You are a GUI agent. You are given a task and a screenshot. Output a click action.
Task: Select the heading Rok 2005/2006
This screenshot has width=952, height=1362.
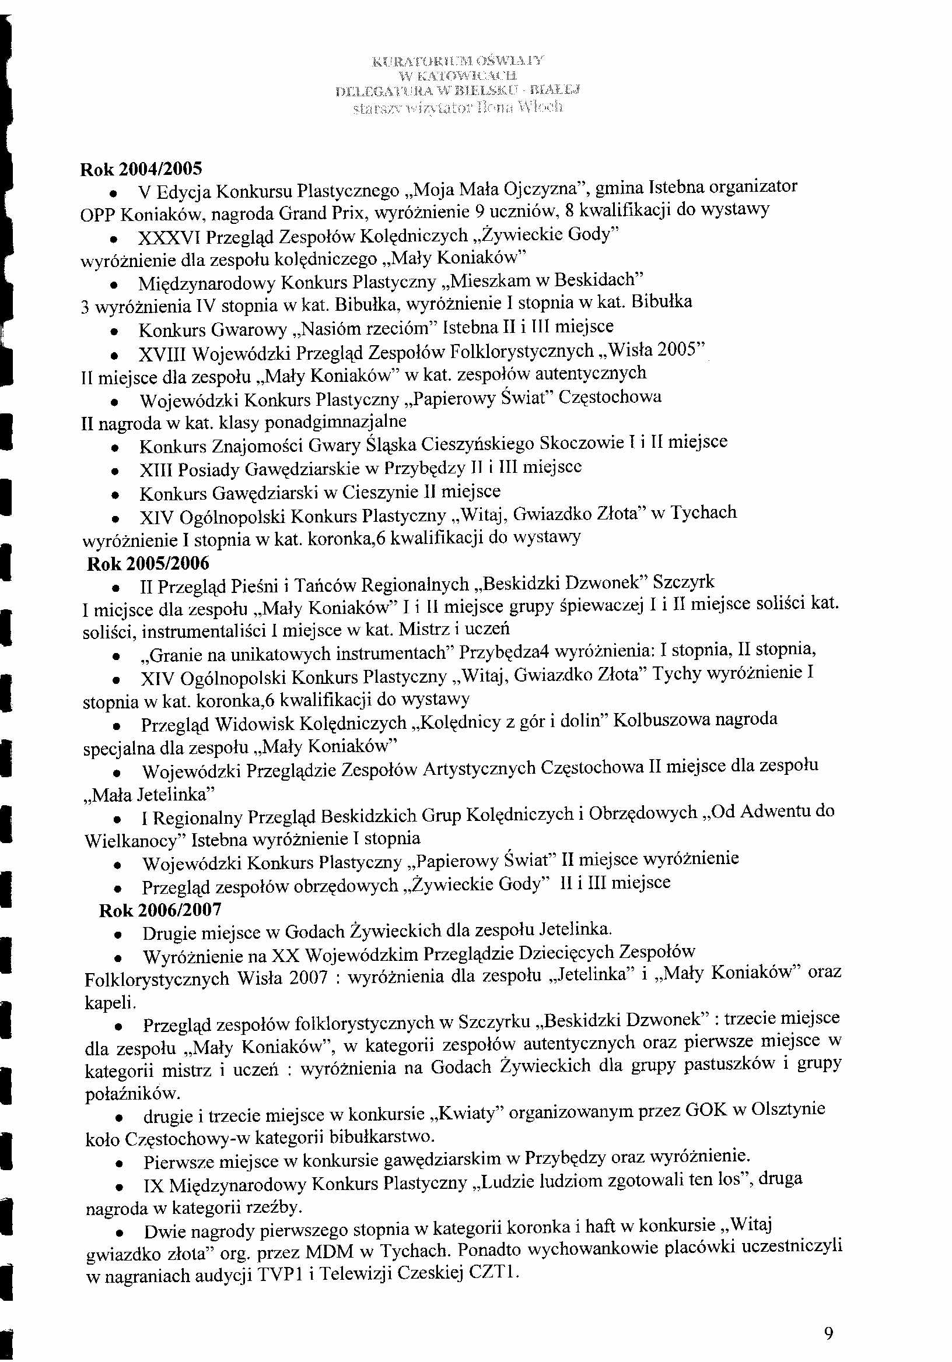pyautogui.click(x=148, y=563)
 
